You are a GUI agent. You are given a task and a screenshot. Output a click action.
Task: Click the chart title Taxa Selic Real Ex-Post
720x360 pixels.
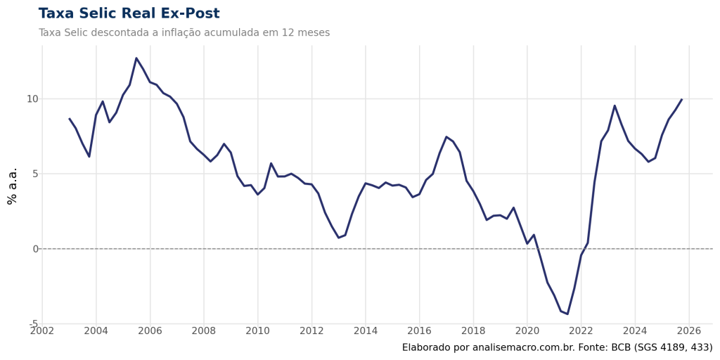point(129,13)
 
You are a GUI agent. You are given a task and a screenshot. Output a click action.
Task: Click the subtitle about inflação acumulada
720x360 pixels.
point(184,32)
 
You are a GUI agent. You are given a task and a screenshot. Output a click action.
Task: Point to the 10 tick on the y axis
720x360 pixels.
point(32,98)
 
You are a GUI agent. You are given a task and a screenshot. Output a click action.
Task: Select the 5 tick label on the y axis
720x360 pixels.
point(34,174)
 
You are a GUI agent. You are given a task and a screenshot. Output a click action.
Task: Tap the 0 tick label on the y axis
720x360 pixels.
point(34,249)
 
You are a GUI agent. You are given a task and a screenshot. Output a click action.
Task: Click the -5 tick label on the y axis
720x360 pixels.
point(32,323)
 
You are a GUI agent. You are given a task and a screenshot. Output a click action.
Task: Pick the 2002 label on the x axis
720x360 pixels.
point(42,330)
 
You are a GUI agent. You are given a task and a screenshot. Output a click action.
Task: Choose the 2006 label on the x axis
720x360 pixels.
point(150,330)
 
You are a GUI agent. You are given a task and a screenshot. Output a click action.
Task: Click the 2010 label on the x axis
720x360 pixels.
point(258,330)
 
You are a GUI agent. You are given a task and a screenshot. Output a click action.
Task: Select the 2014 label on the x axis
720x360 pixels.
point(366,330)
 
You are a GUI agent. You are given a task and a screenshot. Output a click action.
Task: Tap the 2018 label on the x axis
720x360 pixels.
point(473,330)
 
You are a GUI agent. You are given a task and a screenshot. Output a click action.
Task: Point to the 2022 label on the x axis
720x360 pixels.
point(581,330)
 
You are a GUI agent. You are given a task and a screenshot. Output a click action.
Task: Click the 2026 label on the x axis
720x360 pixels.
point(689,330)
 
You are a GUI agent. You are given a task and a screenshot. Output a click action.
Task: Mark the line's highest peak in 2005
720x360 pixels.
point(136,58)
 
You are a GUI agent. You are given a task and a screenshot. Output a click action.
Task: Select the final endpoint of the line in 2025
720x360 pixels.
point(681,99)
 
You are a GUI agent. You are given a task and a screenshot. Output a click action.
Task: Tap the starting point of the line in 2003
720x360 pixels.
point(69,118)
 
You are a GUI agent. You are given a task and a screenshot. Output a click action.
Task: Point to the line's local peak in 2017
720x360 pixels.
point(446,137)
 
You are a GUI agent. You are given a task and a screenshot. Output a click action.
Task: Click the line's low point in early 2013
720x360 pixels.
point(338,237)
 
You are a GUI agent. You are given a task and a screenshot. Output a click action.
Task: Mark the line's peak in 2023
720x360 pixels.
point(615,105)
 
